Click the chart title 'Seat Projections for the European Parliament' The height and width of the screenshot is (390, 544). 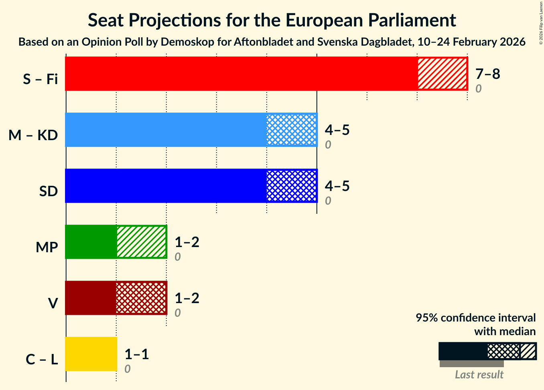click(x=272, y=20)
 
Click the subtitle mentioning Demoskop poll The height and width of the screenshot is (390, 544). click(x=272, y=42)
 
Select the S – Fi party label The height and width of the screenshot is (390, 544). click(x=40, y=79)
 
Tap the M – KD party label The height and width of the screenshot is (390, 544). click(x=33, y=135)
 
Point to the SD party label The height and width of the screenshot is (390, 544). click(x=49, y=191)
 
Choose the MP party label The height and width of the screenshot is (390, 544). click(x=47, y=247)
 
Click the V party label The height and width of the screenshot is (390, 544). click(x=53, y=304)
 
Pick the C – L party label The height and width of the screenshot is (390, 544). click(x=42, y=360)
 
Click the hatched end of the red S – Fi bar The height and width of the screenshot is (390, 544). click(x=442, y=74)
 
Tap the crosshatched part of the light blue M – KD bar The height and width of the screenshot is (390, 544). click(x=292, y=130)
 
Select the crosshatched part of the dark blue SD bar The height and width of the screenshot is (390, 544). click(x=292, y=186)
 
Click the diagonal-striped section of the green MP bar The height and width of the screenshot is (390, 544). click(x=141, y=242)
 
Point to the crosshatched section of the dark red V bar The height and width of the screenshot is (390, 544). click(x=141, y=298)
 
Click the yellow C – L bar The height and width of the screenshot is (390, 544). click(x=91, y=354)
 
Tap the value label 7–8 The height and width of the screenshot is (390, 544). click(x=487, y=74)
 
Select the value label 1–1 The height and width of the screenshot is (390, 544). click(x=136, y=354)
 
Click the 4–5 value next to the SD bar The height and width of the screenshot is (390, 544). click(x=337, y=186)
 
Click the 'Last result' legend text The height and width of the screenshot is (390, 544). click(x=479, y=375)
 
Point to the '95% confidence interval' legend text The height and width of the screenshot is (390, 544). click(x=475, y=318)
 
